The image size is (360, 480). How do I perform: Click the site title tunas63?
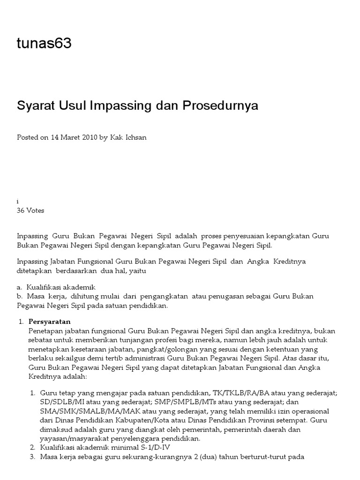[x=44, y=44]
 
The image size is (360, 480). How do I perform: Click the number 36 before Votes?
[x=21, y=210]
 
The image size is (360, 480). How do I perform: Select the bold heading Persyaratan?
[x=49, y=322]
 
